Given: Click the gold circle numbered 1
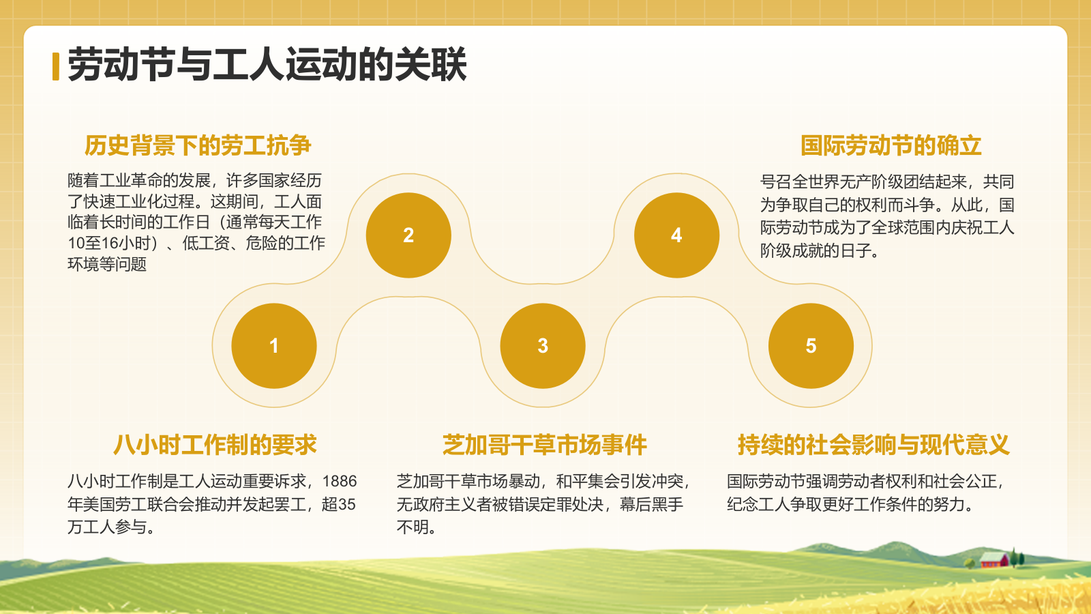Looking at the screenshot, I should point(274,346).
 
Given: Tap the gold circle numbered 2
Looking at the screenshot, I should point(408,235).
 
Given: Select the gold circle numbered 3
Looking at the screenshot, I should point(543,346).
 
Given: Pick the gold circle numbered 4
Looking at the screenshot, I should point(676,235).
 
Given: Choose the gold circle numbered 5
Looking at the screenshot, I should point(811,346).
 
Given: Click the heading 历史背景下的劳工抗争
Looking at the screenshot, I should point(198,145).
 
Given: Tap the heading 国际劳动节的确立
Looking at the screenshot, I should point(891,145).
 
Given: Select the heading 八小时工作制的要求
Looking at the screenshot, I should point(215,445).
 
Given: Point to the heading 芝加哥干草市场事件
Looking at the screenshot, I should point(544,445).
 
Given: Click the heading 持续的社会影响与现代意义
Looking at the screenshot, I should point(873,445).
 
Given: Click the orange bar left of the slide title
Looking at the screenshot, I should point(56,66).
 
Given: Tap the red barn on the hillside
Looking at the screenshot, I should point(993,560).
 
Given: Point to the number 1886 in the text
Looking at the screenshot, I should point(339,482).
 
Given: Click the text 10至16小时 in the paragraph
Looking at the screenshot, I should point(109,244).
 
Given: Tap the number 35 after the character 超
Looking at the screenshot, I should point(347,505).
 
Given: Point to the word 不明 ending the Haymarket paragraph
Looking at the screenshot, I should point(413,527).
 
